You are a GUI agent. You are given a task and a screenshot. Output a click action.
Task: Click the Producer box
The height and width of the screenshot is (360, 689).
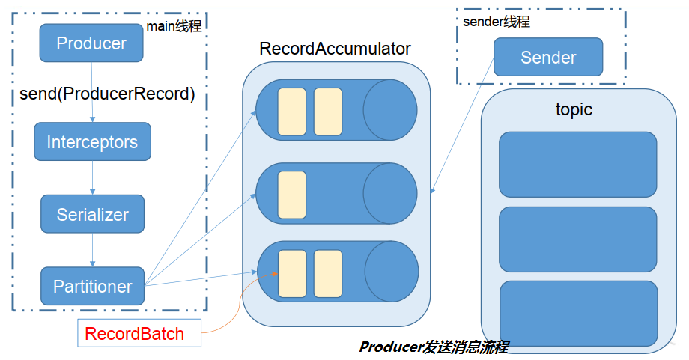[91, 43]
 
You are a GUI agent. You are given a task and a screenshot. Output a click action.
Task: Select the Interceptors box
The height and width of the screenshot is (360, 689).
[92, 141]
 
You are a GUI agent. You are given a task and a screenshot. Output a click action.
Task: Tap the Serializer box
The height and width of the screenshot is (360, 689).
[92, 214]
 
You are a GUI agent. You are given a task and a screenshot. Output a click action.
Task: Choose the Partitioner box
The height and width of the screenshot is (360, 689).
[92, 285]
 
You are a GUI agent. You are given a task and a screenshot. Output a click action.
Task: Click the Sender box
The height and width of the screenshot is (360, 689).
[548, 58]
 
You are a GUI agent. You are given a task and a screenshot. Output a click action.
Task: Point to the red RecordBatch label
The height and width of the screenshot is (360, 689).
[139, 333]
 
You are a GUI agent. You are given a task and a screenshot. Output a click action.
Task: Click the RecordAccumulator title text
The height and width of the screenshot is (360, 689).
[335, 49]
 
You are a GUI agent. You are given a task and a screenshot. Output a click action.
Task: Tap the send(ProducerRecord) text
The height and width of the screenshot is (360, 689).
[107, 95]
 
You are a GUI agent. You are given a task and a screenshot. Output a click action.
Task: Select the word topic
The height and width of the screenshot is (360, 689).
[574, 109]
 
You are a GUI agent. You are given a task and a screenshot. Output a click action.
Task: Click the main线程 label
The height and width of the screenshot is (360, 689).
[174, 25]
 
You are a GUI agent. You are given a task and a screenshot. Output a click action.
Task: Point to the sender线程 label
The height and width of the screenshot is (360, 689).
[497, 21]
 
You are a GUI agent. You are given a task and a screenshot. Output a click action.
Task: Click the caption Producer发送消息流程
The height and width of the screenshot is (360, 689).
[434, 347]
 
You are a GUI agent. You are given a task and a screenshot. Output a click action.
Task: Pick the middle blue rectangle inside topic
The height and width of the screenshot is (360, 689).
[577, 240]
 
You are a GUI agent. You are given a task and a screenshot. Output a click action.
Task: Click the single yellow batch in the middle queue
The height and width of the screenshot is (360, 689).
[292, 194]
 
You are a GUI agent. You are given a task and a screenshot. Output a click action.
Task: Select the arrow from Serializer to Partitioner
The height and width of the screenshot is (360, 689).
[92, 249]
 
